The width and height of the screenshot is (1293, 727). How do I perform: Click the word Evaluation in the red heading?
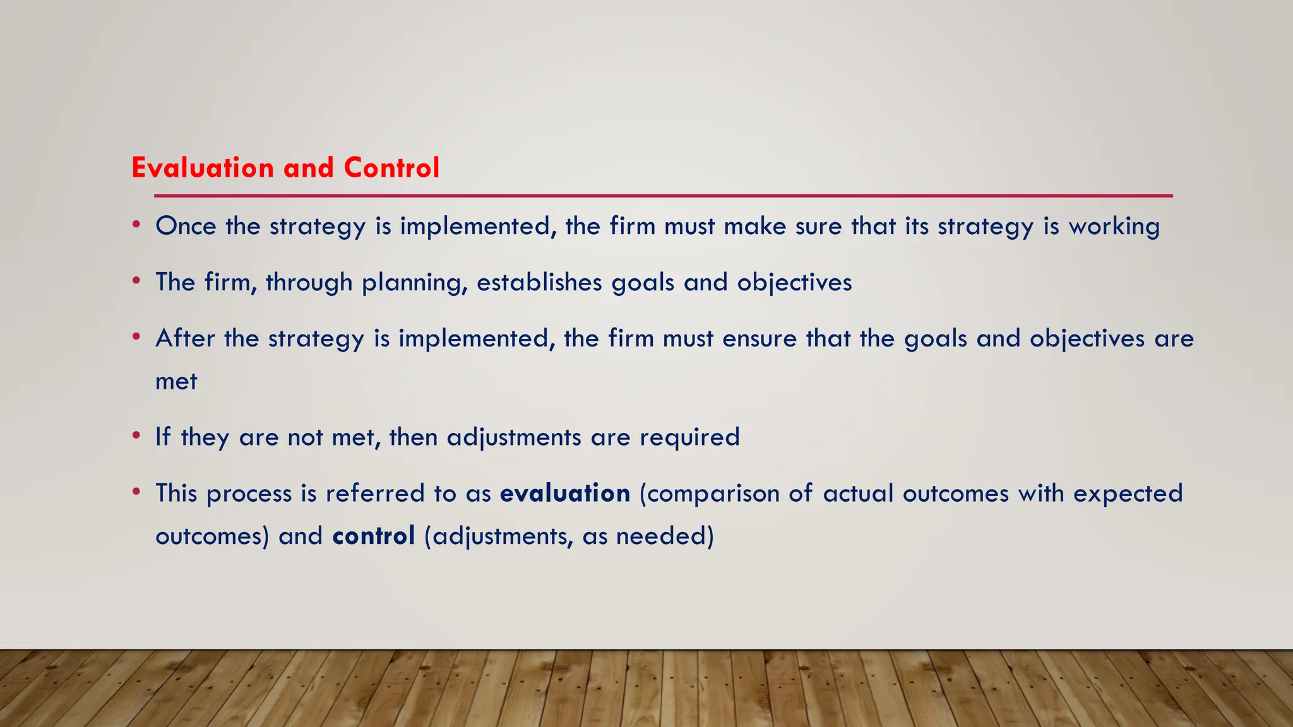(202, 168)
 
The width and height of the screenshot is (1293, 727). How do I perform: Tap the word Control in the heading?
(391, 168)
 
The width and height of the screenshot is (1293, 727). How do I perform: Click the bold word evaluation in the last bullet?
(564, 493)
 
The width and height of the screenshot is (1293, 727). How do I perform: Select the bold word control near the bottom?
(373, 536)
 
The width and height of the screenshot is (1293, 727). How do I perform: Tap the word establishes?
(539, 282)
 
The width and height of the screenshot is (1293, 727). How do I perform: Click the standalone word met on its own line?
(176, 382)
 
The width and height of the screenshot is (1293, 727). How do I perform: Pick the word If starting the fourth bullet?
(163, 437)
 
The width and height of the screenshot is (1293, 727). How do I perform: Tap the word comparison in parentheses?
(710, 494)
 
